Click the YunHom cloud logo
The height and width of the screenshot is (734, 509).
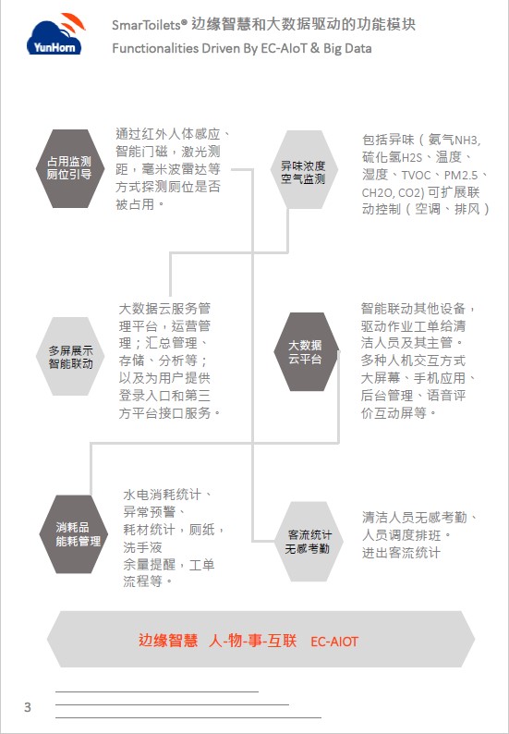tap(55, 34)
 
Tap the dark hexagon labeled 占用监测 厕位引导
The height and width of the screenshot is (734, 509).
tap(69, 168)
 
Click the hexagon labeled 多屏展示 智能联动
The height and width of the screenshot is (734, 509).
tap(70, 356)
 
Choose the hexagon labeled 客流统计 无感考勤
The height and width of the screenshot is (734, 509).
tap(309, 542)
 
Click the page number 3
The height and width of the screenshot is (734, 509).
tap(28, 707)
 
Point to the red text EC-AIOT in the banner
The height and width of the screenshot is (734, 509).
tap(334, 642)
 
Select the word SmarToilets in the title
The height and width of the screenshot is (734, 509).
tap(146, 25)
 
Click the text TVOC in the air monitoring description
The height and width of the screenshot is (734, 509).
tap(416, 175)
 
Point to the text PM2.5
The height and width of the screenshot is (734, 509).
tap(461, 175)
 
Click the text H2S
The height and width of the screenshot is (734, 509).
tap(412, 158)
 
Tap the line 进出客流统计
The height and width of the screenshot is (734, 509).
tap(401, 553)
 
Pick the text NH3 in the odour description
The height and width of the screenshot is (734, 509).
tap(467, 141)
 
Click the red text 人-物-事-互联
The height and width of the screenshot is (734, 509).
tap(252, 640)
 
